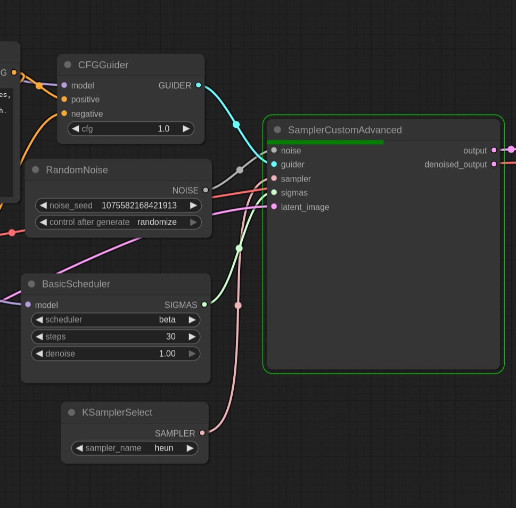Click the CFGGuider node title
coord(103,65)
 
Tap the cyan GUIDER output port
coord(199,85)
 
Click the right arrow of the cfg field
coord(186,128)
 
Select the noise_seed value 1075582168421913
coord(139,205)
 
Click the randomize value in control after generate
coord(157,222)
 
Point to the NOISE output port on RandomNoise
coord(206,190)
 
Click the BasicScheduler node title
coord(76,284)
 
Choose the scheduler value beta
coord(167,319)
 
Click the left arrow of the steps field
coord(39,337)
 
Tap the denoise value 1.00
coord(167,354)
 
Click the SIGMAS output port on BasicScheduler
coord(204,305)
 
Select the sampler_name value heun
coord(164,448)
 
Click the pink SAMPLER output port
coord(202,433)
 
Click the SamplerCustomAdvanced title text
coord(345,130)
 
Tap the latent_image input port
coord(274,207)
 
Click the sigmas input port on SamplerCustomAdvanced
coord(274,192)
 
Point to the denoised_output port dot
coord(494,164)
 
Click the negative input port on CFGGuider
coord(64,113)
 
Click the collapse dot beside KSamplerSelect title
coord(71,412)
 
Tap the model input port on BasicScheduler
coord(28,305)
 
